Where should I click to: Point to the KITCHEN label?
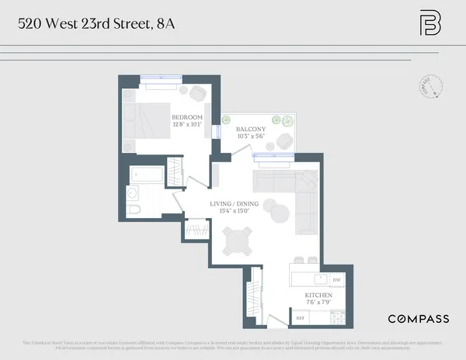318,296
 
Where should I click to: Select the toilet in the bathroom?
131,209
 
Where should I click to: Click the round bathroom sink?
131,192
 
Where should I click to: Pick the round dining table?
237,242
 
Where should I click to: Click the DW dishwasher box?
336,280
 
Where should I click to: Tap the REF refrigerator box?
300,317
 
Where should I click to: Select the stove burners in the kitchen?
337,317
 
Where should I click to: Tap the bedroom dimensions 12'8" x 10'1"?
186,123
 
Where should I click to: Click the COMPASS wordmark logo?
418,319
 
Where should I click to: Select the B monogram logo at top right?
429,23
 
